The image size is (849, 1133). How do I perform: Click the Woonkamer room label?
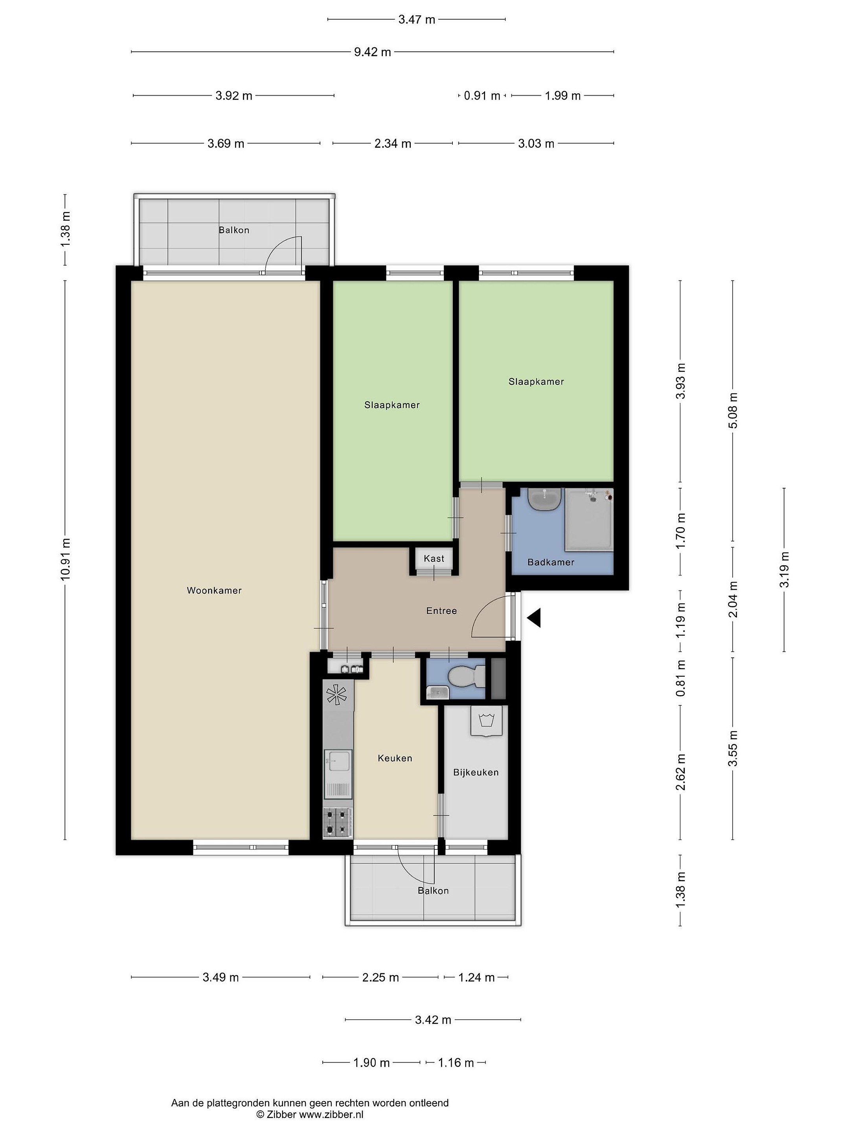[x=214, y=590]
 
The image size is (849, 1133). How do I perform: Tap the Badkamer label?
[x=551, y=563]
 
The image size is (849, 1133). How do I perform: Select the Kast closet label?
[x=434, y=558]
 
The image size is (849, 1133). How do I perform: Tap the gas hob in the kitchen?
[x=338, y=823]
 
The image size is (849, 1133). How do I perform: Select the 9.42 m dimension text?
[x=373, y=52]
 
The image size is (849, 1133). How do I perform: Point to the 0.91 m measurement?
[x=482, y=96]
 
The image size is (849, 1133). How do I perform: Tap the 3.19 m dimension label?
[x=784, y=570]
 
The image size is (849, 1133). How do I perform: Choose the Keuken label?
[x=395, y=758]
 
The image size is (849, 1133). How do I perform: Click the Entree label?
[x=441, y=611]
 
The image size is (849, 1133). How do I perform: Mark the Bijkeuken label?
[x=476, y=772]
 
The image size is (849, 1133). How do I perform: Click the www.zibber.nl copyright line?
[x=310, y=1114]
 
